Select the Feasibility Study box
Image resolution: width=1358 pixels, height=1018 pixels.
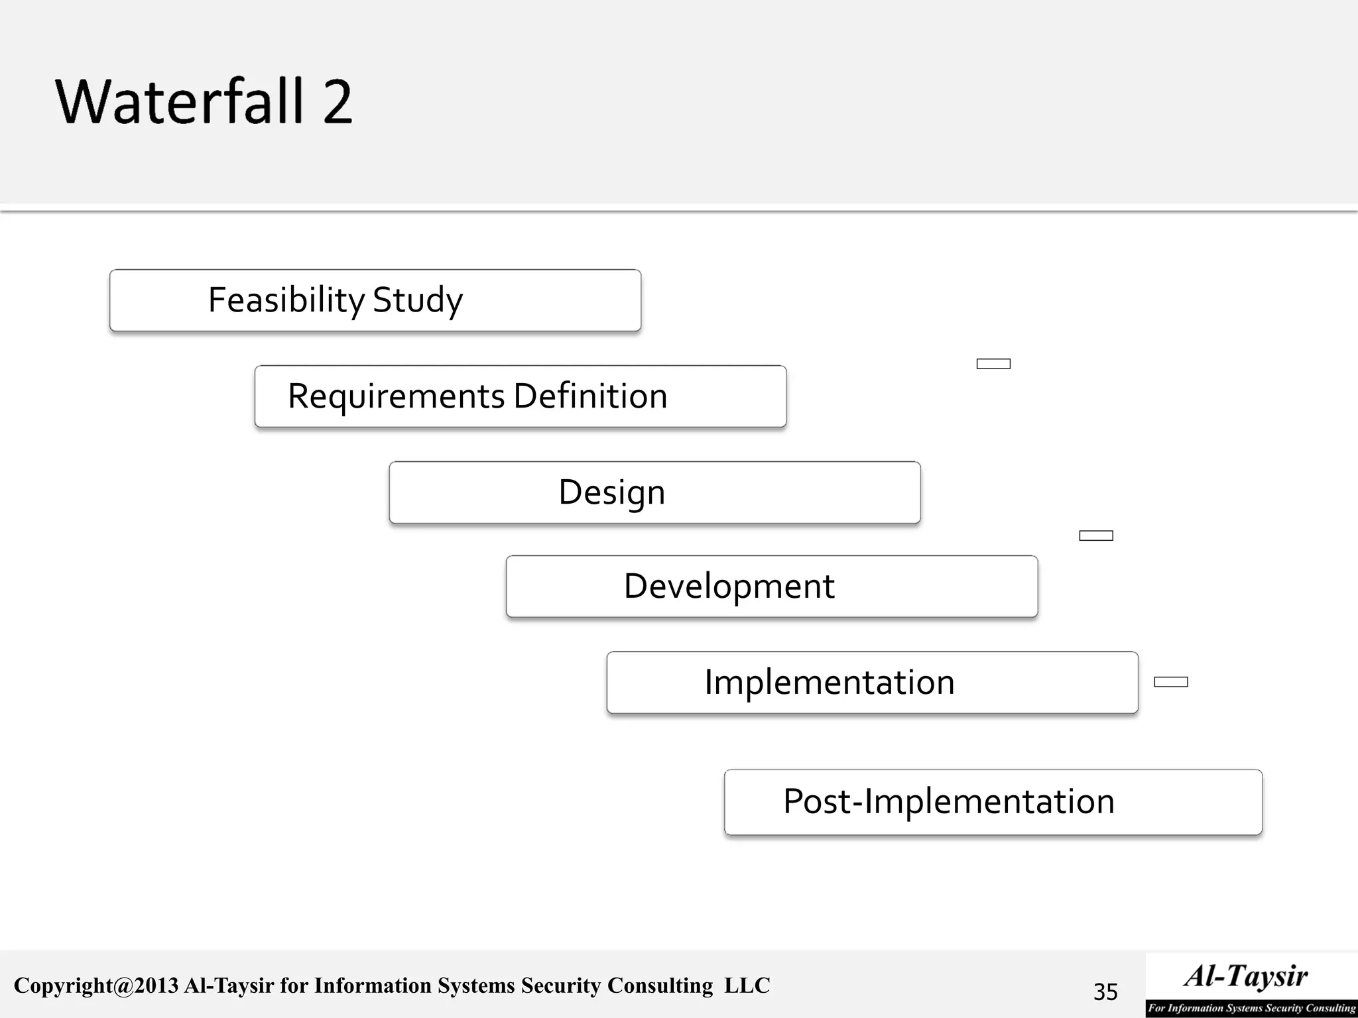pyautogui.click(x=375, y=300)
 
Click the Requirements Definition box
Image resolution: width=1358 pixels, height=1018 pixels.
pyautogui.click(x=521, y=396)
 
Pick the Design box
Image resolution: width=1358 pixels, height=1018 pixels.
pyautogui.click(x=654, y=492)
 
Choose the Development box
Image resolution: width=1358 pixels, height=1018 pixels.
pyautogui.click(x=772, y=587)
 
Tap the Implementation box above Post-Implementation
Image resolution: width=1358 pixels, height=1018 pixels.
pyautogui.click(x=872, y=683)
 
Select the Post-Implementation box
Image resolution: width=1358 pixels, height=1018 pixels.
pyautogui.click(x=993, y=802)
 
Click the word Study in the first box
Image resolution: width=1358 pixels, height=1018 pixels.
pyautogui.click(x=417, y=300)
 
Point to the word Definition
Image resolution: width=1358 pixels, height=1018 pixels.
pyautogui.click(x=590, y=396)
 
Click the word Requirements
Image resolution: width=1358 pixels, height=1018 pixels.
pyautogui.click(x=396, y=396)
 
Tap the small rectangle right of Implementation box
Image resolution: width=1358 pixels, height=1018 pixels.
pyautogui.click(x=1170, y=682)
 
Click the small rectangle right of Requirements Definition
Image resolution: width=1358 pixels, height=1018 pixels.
pyautogui.click(x=993, y=364)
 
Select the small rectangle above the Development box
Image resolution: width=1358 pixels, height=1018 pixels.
pyautogui.click(x=1095, y=536)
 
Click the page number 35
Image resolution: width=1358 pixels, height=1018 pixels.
pyautogui.click(x=1105, y=991)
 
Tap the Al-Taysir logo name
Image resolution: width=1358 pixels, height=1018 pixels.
pyautogui.click(x=1247, y=976)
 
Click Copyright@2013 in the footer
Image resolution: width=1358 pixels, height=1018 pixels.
pyautogui.click(x=96, y=986)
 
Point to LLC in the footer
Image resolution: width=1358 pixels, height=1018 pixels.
pyautogui.click(x=747, y=986)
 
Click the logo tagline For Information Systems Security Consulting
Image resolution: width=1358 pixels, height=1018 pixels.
pyautogui.click(x=1252, y=1008)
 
